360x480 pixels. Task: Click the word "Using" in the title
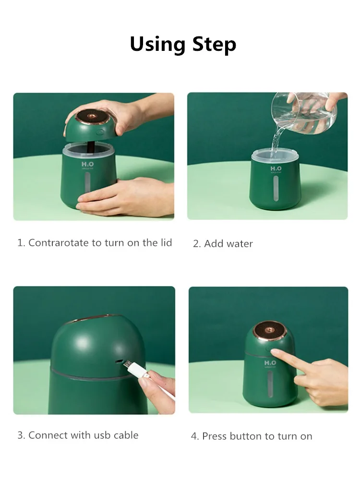pos(158,44)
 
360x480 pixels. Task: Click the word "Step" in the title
pos(214,45)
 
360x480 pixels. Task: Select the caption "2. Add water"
pos(223,244)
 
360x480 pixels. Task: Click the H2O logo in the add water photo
pos(276,169)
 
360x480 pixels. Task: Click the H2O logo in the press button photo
pos(270,363)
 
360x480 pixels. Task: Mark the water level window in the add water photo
pos(276,187)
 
